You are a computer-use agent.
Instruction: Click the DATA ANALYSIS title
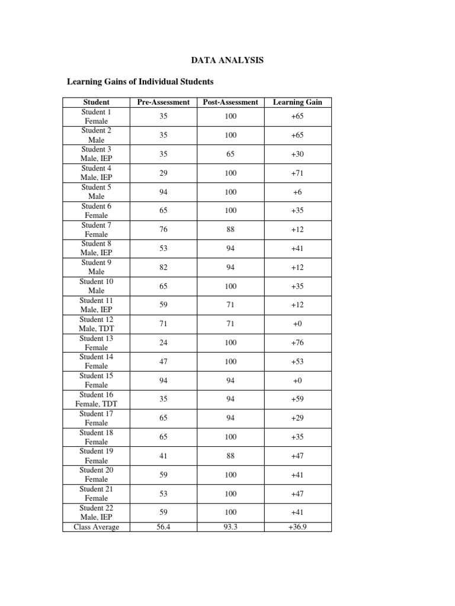click(x=227, y=60)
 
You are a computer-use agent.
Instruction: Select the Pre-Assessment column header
click(x=164, y=102)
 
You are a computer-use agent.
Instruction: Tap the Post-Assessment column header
click(x=230, y=102)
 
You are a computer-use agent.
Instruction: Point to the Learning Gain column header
click(x=297, y=102)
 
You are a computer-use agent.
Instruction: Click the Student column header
click(x=96, y=102)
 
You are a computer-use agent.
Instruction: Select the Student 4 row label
click(x=96, y=173)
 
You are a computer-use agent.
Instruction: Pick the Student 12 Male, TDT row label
click(x=96, y=324)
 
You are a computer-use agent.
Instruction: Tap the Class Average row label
click(x=96, y=527)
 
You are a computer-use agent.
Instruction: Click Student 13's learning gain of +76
click(x=297, y=343)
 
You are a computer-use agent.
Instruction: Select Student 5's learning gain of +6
click(x=297, y=192)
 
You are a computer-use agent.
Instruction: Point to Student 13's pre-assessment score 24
click(x=164, y=343)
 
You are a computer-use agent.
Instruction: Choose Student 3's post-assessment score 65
click(x=230, y=154)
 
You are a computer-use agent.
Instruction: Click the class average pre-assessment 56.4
click(x=164, y=527)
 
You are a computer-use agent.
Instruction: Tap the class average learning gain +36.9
click(x=297, y=527)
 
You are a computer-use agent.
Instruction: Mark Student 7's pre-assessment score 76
click(x=164, y=230)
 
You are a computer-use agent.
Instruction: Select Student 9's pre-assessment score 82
click(x=164, y=267)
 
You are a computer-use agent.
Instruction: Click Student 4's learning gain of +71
click(x=297, y=173)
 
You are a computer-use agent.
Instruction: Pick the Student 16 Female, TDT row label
click(x=96, y=399)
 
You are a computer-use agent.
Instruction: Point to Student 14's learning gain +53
click(x=297, y=362)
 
